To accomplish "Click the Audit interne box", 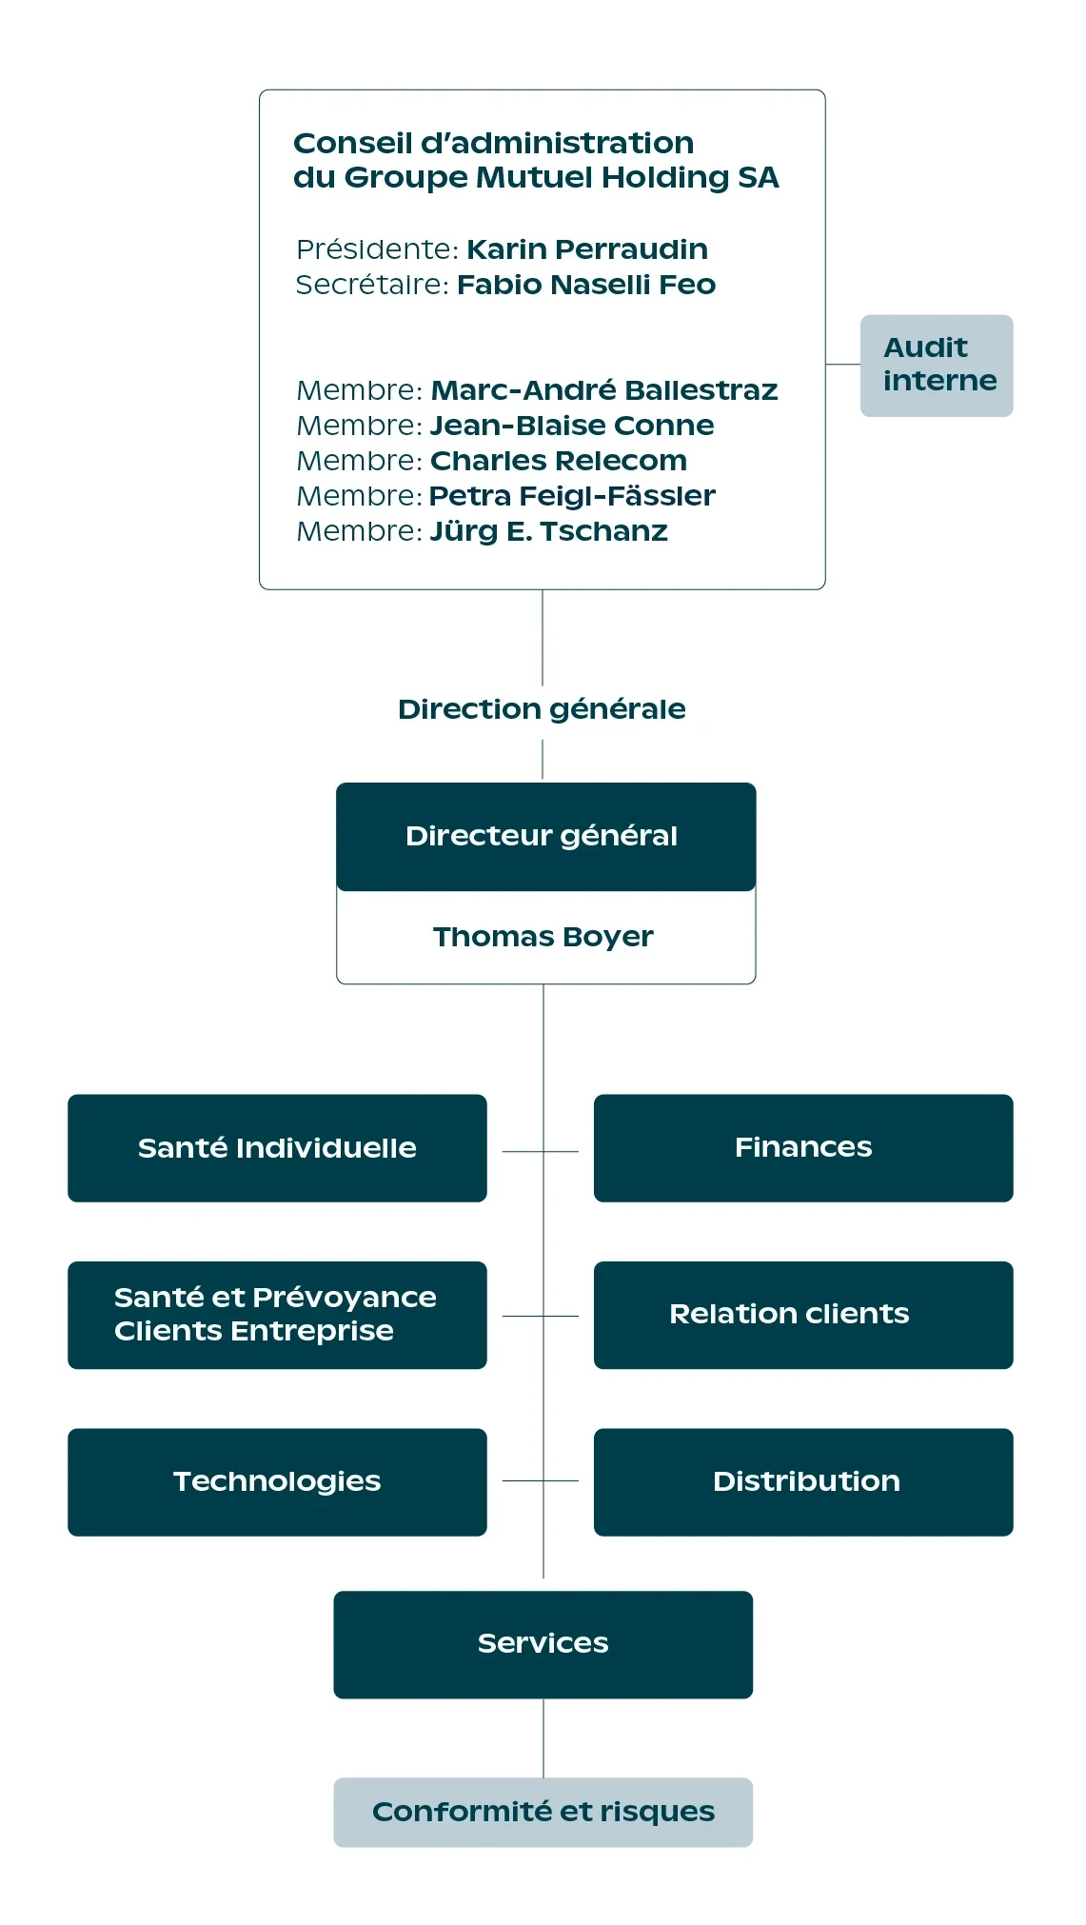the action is [937, 366].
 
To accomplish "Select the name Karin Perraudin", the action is [587, 249].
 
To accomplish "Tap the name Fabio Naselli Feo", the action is [586, 285].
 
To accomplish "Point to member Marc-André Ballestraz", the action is [604, 390].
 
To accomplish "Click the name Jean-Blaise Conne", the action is [572, 426].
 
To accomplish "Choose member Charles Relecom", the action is [559, 461].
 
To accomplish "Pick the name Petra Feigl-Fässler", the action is [572, 496].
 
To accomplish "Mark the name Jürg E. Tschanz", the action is [549, 531].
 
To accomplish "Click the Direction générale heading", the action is [542, 709].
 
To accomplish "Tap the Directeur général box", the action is [546, 837].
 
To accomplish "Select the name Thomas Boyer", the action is [543, 937].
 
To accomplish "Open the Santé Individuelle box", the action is [277, 1148].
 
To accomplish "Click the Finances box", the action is [803, 1148].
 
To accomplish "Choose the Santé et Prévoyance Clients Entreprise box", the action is [277, 1315].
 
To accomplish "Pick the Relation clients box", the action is [803, 1315].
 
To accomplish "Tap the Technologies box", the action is [277, 1482].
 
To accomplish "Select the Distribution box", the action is [803, 1482].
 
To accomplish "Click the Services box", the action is [543, 1644].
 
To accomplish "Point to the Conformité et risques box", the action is [543, 1812].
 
